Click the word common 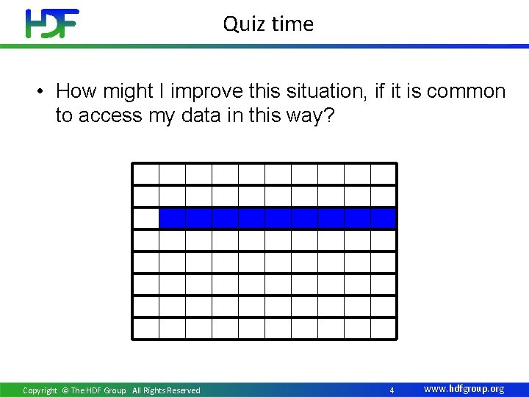[x=466, y=91]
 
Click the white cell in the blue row [x=146, y=218]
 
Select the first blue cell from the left [x=173, y=218]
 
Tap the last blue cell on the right [x=384, y=218]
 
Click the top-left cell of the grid [x=146, y=174]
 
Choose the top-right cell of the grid [x=384, y=174]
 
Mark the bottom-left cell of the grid [x=146, y=328]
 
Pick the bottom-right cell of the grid [x=384, y=328]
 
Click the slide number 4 [x=392, y=390]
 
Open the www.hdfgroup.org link [x=464, y=389]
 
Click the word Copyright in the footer [x=40, y=390]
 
